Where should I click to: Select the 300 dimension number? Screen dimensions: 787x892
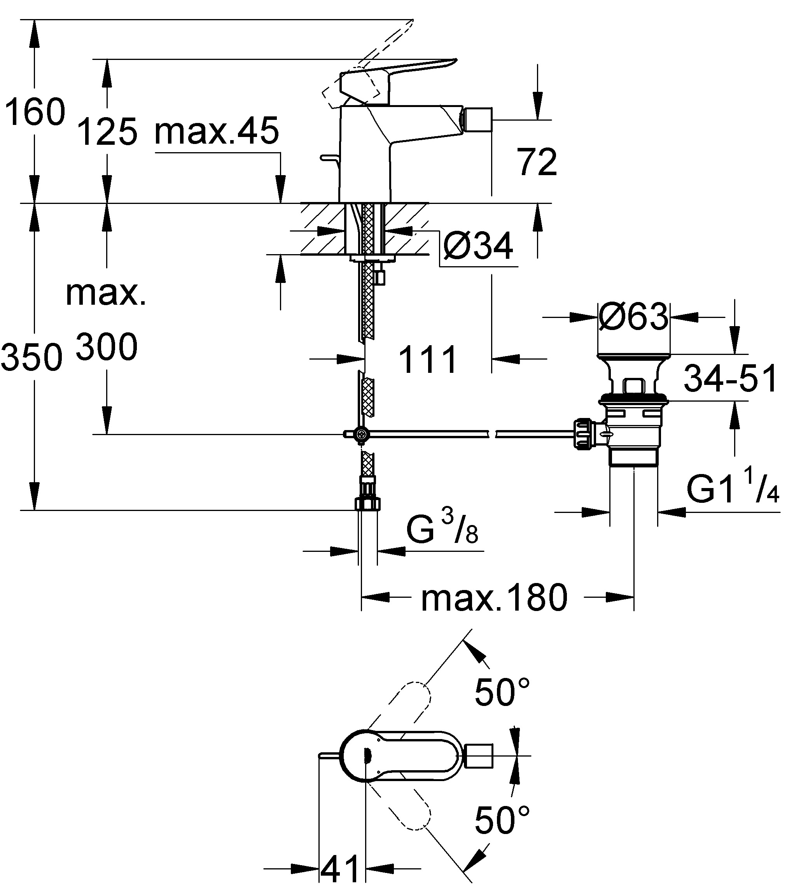coord(107,346)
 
